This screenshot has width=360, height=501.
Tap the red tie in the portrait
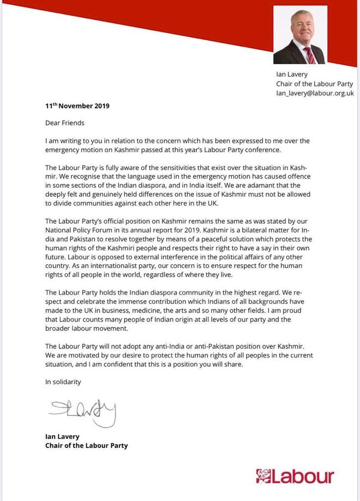310,55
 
